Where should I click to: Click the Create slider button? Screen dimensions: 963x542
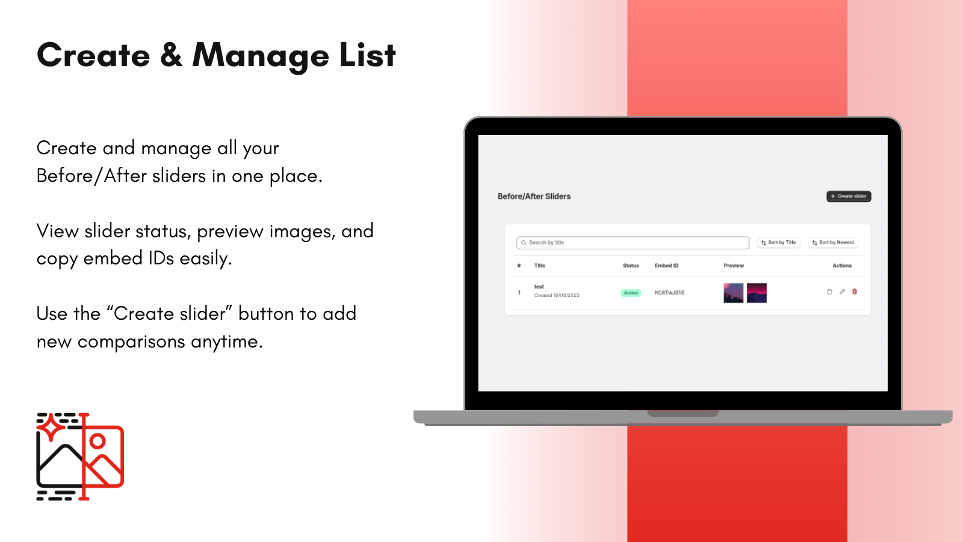point(849,196)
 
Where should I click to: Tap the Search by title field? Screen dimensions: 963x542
point(633,243)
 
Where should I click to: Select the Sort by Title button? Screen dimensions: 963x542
point(779,243)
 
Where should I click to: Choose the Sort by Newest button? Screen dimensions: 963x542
point(833,243)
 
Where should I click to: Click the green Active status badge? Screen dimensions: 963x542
point(631,293)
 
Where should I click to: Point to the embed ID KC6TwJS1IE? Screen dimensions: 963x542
point(669,293)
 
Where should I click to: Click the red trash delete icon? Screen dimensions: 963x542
point(855,291)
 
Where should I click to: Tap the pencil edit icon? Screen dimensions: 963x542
point(842,291)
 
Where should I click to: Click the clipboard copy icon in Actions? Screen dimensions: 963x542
point(829,291)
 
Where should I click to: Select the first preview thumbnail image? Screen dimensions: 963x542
point(734,293)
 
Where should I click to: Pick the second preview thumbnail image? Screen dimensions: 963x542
point(757,293)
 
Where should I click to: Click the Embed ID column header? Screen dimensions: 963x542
point(666,266)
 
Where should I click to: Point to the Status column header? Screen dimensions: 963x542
point(631,266)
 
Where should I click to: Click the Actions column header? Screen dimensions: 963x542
point(842,266)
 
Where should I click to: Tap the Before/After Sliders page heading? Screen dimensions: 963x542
point(534,196)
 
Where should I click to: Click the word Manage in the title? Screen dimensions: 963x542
point(261,56)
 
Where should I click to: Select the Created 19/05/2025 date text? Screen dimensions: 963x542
point(556,295)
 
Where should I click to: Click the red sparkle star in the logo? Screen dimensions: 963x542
point(51,427)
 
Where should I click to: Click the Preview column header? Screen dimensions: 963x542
point(734,266)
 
